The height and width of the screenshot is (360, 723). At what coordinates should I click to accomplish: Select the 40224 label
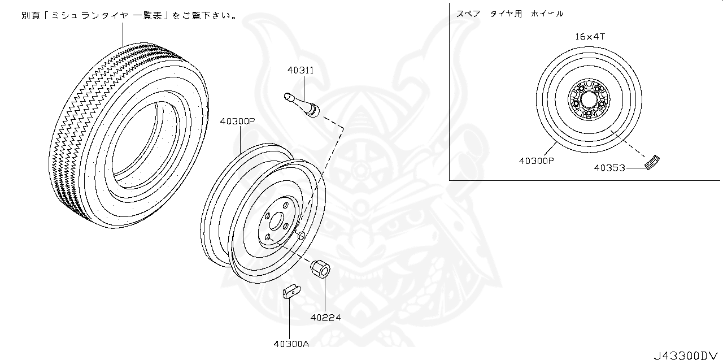(325, 317)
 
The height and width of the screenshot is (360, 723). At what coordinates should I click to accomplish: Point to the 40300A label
(290, 343)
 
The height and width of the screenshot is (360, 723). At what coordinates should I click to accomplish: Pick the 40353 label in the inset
(610, 167)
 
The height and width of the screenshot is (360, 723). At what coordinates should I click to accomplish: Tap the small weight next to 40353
(652, 161)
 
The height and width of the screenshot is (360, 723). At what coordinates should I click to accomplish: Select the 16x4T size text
(590, 36)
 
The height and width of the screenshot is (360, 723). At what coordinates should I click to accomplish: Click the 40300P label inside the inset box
(536, 161)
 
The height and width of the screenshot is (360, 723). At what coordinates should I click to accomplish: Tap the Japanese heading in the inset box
(510, 14)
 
